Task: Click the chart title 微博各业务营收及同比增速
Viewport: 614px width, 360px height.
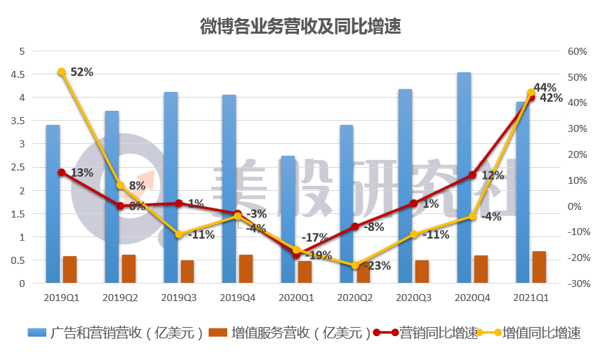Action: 300,27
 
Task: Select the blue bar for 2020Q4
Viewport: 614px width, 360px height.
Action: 464,175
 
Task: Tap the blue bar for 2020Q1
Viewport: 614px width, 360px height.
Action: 288,218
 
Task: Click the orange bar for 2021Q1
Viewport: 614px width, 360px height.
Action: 539,267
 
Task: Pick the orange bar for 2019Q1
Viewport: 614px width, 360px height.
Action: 69,270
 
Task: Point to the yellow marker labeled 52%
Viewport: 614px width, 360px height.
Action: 62,72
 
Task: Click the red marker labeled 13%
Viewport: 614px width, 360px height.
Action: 62,173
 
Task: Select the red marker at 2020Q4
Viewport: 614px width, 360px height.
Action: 473,175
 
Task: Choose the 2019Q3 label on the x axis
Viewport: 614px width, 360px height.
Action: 179,298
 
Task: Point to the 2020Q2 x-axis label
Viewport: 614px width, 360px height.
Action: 356,298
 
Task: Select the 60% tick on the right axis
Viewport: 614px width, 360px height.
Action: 576,51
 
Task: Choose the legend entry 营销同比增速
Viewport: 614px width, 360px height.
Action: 428,333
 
